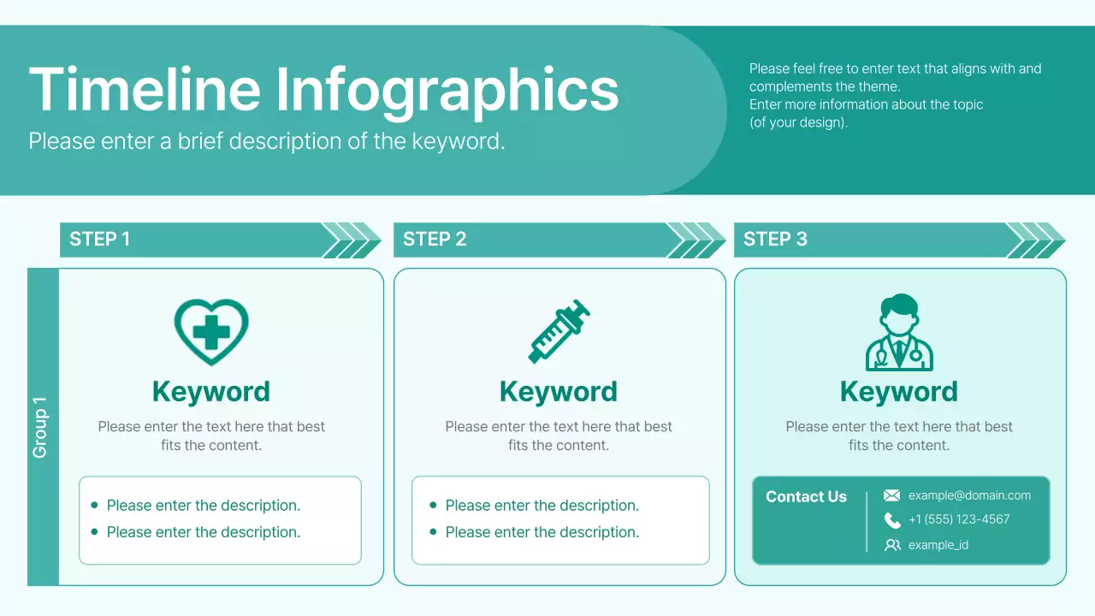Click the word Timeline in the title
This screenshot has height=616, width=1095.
(x=145, y=89)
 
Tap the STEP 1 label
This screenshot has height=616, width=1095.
(x=99, y=240)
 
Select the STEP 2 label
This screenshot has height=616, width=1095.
(x=435, y=240)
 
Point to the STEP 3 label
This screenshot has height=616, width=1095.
(x=775, y=240)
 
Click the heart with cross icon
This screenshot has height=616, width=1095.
(x=211, y=332)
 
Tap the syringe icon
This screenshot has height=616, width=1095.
(x=559, y=331)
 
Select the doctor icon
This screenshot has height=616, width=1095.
(x=899, y=333)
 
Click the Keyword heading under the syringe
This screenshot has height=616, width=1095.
(x=558, y=392)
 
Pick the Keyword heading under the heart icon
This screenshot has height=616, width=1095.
(x=211, y=392)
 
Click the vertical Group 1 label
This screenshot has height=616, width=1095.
(x=40, y=427)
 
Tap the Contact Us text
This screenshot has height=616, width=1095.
(x=806, y=497)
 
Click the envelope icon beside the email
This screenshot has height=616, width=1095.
(x=891, y=495)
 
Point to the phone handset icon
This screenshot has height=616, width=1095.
(x=892, y=520)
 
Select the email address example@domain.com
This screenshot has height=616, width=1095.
(x=969, y=495)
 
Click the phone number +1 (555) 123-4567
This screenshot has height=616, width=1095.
(x=959, y=519)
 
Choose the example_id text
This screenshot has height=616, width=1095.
(x=938, y=545)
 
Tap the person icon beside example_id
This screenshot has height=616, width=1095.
(x=892, y=545)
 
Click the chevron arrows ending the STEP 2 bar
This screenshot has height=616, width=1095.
(x=697, y=240)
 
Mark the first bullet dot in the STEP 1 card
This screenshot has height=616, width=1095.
(x=94, y=506)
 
